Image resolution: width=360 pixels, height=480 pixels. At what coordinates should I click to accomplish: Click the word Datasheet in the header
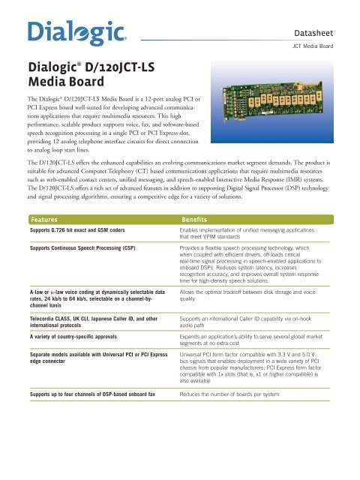coord(317,33)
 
